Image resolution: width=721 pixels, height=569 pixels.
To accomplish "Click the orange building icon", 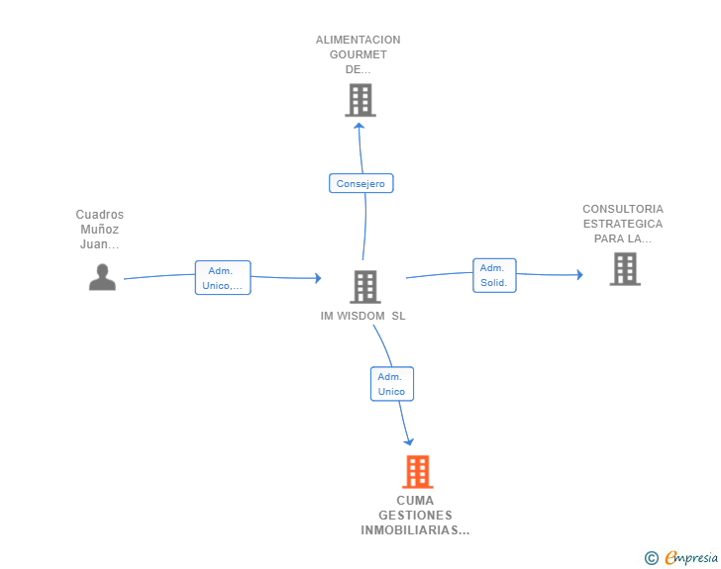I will (418, 472).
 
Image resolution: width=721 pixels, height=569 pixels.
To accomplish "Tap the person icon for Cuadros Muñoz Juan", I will (102, 277).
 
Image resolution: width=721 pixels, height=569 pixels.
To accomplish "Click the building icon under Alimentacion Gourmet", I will (360, 100).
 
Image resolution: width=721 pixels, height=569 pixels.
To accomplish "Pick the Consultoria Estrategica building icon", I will (624, 268).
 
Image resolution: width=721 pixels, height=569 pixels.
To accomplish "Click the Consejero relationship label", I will (361, 183).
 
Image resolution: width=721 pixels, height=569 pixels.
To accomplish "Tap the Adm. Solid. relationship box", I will (493, 275).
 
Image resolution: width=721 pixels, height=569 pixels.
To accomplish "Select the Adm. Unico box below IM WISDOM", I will (391, 384).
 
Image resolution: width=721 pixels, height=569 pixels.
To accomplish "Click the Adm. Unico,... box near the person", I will (223, 278).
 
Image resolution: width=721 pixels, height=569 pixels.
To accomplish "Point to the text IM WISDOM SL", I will (363, 317).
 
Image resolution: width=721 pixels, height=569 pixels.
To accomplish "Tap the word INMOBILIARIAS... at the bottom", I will (415, 531).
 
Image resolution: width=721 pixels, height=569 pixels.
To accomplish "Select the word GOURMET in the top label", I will (359, 55).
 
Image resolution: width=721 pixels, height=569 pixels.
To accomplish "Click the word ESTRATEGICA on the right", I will (623, 224).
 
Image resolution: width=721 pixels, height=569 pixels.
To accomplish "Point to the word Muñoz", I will (100, 230).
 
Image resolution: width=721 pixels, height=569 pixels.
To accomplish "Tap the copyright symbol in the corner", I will (651, 559).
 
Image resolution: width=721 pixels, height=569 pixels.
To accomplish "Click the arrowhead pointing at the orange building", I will (409, 441).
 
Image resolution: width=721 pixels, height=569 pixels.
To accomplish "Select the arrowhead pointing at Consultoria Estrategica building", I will (579, 275).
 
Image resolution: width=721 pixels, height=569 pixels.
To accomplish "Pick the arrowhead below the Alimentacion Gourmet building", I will (360, 125).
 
